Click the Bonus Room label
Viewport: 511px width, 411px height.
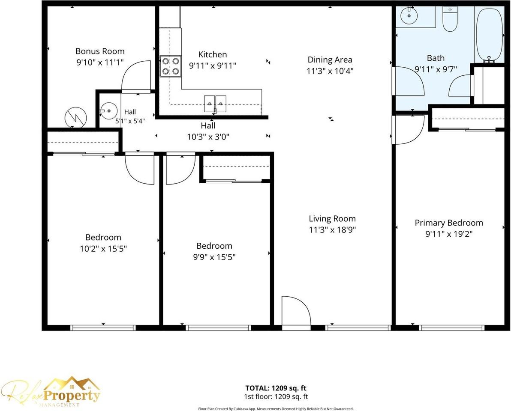100,51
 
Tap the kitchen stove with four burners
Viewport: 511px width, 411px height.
171,66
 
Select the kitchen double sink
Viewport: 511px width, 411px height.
215,104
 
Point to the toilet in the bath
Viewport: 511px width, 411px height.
450,19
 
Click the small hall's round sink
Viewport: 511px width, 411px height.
108,111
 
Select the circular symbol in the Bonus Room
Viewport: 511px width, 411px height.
75,117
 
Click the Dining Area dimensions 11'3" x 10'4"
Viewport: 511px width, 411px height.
330,71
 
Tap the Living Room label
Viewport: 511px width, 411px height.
332,219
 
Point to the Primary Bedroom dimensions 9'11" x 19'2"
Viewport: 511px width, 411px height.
449,234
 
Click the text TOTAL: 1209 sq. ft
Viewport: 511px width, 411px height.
276,388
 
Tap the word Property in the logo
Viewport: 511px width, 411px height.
72,396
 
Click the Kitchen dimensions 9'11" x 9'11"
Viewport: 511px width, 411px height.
213,66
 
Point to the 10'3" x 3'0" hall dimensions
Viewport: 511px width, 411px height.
208,137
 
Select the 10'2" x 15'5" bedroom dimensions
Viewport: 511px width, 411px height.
103,249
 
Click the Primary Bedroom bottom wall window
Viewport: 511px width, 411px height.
452,328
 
